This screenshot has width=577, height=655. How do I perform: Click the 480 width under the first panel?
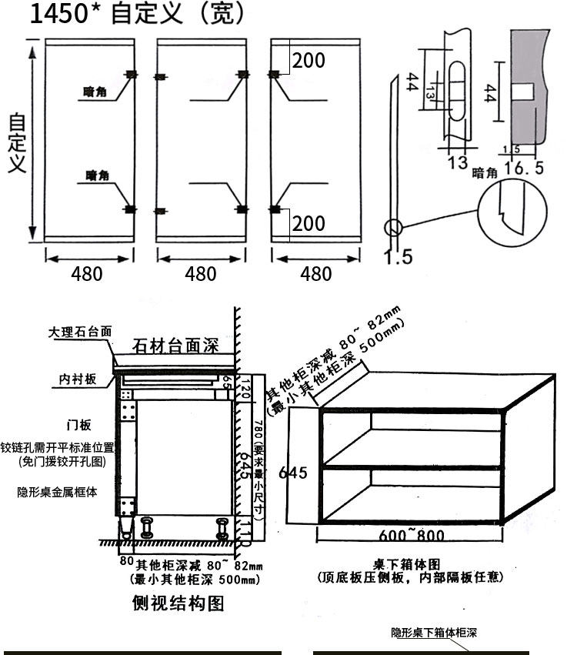tap(87, 273)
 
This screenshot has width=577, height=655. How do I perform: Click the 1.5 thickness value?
tap(398, 256)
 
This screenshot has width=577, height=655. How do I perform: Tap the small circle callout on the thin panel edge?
tap(393, 228)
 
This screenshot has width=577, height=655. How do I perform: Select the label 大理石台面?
tap(80, 332)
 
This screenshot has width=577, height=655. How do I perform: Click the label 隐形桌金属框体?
tap(57, 492)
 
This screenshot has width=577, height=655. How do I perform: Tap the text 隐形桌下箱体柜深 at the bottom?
tap(434, 633)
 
